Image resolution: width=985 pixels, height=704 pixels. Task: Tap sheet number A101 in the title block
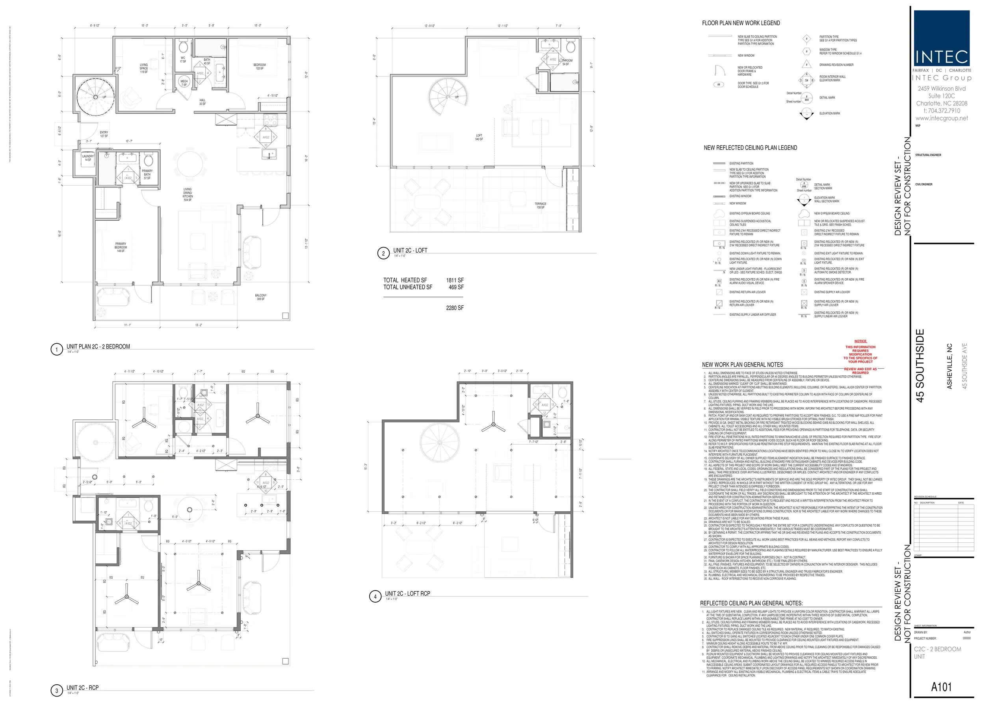941,686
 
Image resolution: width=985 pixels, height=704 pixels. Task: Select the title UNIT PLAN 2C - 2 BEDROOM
98,346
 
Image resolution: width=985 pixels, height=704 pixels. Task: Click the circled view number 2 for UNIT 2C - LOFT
383,253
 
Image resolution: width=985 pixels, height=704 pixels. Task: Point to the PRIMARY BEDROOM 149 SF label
121,247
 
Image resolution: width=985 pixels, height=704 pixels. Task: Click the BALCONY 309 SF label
260,297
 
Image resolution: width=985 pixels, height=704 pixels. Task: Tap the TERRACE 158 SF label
541,205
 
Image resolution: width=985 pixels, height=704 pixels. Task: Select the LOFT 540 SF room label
479,137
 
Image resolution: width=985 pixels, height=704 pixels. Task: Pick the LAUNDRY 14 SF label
87,158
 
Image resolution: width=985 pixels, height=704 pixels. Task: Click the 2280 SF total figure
455,308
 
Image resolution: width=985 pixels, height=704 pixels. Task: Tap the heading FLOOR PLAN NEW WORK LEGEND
741,23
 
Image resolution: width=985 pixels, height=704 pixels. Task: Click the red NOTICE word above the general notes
860,341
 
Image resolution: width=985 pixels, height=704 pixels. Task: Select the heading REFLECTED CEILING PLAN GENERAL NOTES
751,603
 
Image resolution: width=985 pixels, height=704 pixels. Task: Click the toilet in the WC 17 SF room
183,47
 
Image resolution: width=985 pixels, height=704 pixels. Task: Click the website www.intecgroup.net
941,118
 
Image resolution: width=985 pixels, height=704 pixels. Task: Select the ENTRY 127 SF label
104,134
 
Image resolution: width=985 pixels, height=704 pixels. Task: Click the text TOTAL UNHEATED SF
407,287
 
